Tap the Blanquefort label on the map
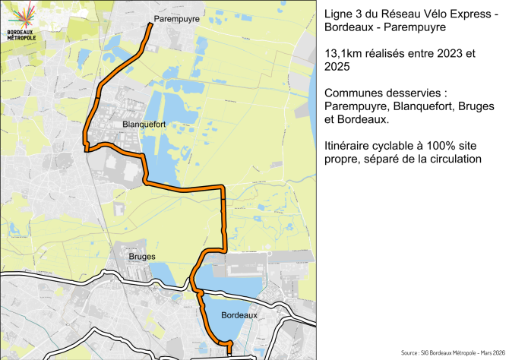click(143, 123)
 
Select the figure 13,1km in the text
click(344, 55)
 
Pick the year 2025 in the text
click(337, 68)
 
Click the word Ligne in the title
click(339, 14)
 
